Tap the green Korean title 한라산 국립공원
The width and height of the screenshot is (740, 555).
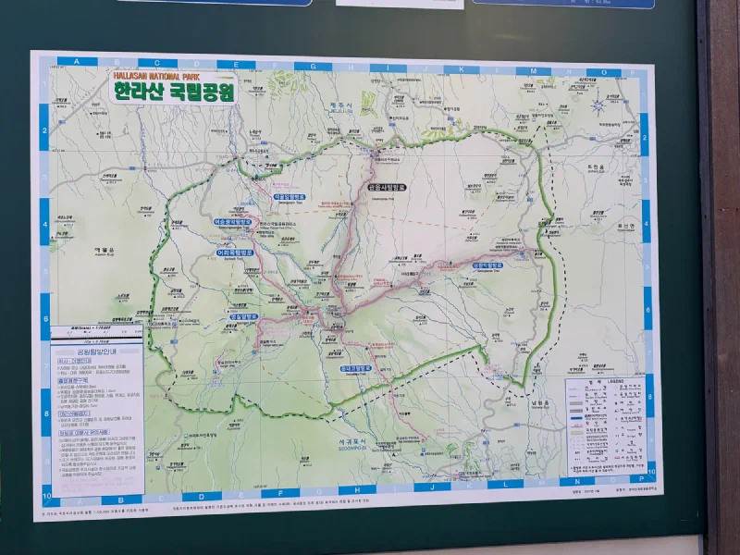point(174,91)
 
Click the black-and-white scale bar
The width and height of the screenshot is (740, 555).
point(91,327)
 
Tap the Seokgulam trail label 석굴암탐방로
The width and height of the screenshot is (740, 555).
point(289,196)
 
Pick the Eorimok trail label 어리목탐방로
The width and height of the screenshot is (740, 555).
point(234,251)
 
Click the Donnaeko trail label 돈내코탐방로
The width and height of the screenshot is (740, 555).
point(355,368)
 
